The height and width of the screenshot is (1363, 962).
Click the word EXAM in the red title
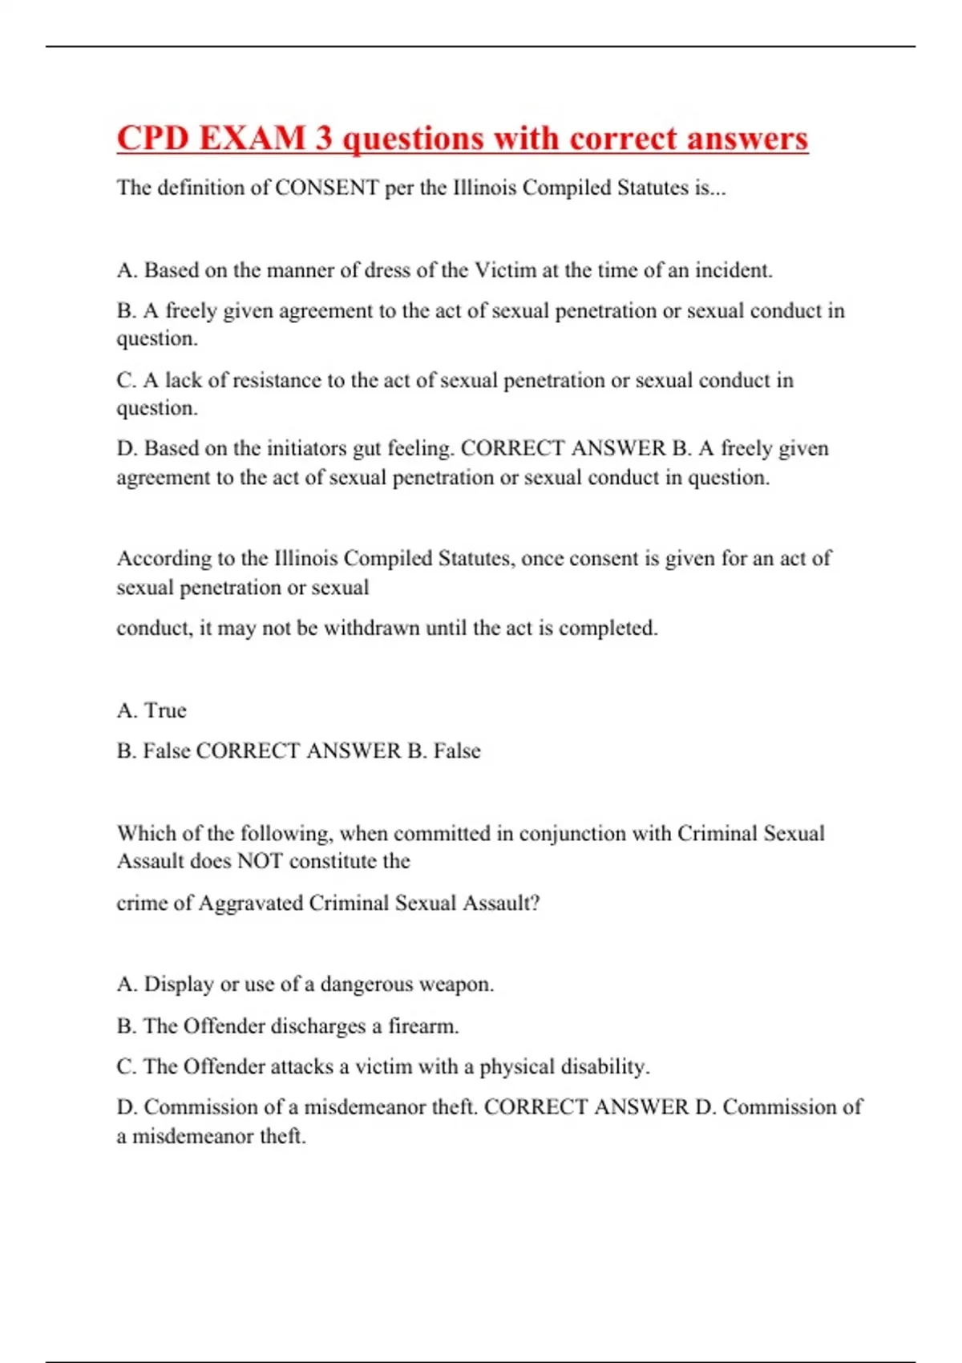coord(252,139)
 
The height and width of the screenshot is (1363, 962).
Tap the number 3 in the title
coord(324,139)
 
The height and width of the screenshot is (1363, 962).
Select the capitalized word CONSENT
coord(327,188)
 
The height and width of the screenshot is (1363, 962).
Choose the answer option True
coord(165,710)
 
